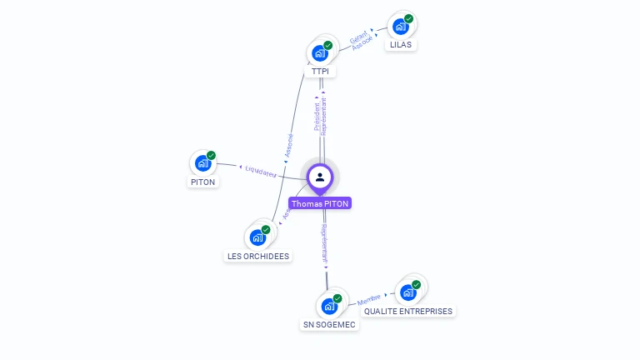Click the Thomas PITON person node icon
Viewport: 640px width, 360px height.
pyautogui.click(x=320, y=177)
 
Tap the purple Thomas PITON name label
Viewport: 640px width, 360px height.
pyautogui.click(x=320, y=203)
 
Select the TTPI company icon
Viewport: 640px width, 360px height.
pyautogui.click(x=319, y=53)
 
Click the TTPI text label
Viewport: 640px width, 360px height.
pyautogui.click(x=320, y=72)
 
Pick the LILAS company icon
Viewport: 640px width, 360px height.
pyautogui.click(x=400, y=27)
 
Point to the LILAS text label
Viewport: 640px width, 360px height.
pyautogui.click(x=400, y=45)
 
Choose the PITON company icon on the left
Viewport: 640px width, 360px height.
pyautogui.click(x=202, y=163)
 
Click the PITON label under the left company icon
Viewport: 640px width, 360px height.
pyautogui.click(x=202, y=182)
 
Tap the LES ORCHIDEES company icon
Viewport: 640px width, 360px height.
pyautogui.click(x=257, y=237)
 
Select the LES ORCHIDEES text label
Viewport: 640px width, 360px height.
pyautogui.click(x=258, y=257)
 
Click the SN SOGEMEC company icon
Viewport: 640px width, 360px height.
pyautogui.click(x=329, y=306)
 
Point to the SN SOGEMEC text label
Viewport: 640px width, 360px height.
pyautogui.click(x=329, y=325)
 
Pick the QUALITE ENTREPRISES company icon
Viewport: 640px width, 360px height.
pyautogui.click(x=407, y=292)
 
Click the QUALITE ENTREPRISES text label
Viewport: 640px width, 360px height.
pyautogui.click(x=408, y=312)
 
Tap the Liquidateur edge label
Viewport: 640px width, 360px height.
pyautogui.click(x=260, y=171)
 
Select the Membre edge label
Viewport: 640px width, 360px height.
pyautogui.click(x=368, y=297)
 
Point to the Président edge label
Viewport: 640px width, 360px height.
pyautogui.click(x=317, y=117)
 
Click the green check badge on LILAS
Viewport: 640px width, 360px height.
pyautogui.click(x=408, y=18)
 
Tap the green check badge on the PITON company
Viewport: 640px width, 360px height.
pyautogui.click(x=211, y=155)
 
